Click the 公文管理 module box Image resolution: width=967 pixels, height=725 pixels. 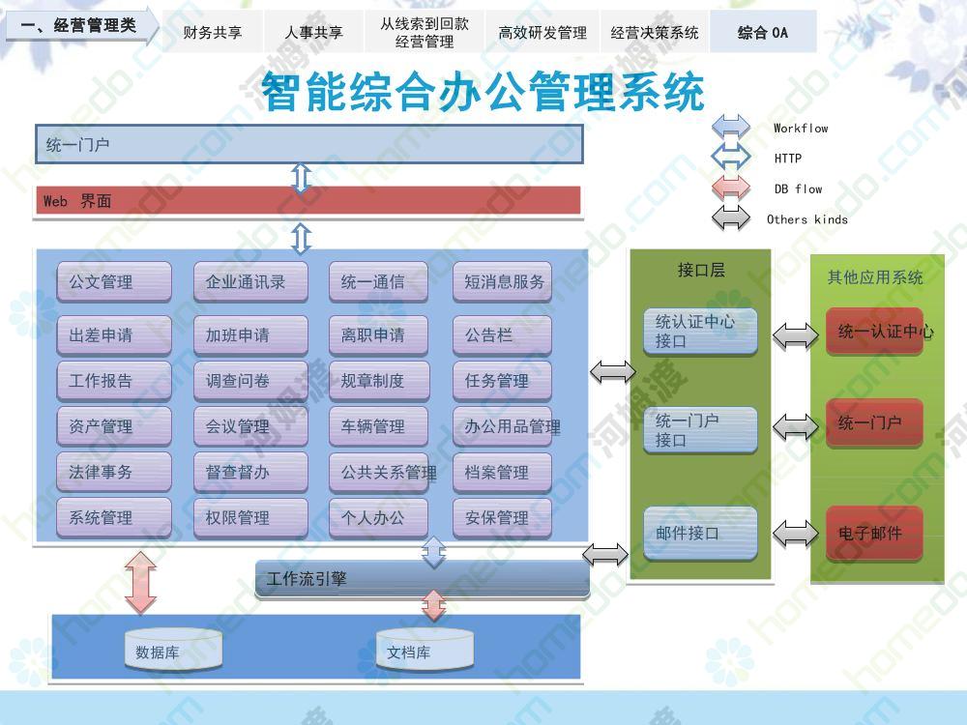[114, 281]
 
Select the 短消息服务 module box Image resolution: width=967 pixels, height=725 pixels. [502, 281]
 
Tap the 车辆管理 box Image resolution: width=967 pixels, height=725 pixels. [379, 426]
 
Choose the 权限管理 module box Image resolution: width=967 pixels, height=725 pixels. [250, 517]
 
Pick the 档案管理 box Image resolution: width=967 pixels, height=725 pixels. [502, 473]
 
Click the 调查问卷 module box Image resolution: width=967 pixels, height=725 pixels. [250, 380]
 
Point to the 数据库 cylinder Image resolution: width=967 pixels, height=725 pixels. [173, 650]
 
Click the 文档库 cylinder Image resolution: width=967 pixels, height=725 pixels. [425, 650]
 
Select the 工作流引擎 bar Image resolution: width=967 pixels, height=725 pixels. [423, 579]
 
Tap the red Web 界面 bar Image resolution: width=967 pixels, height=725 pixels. [308, 201]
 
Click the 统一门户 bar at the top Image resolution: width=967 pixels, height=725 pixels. [309, 144]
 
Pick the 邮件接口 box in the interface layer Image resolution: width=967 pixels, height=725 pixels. [700, 534]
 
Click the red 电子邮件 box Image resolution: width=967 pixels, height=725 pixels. [874, 534]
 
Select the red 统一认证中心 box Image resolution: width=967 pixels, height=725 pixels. [874, 331]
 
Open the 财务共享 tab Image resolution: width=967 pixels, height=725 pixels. [212, 32]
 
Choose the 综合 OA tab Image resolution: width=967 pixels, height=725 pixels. [763, 32]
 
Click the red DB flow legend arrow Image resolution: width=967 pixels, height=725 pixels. [731, 188]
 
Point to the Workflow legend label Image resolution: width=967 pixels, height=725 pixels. [801, 129]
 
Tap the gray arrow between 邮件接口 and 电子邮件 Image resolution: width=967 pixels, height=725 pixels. [796, 534]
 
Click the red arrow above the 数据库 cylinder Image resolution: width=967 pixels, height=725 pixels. [141, 581]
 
